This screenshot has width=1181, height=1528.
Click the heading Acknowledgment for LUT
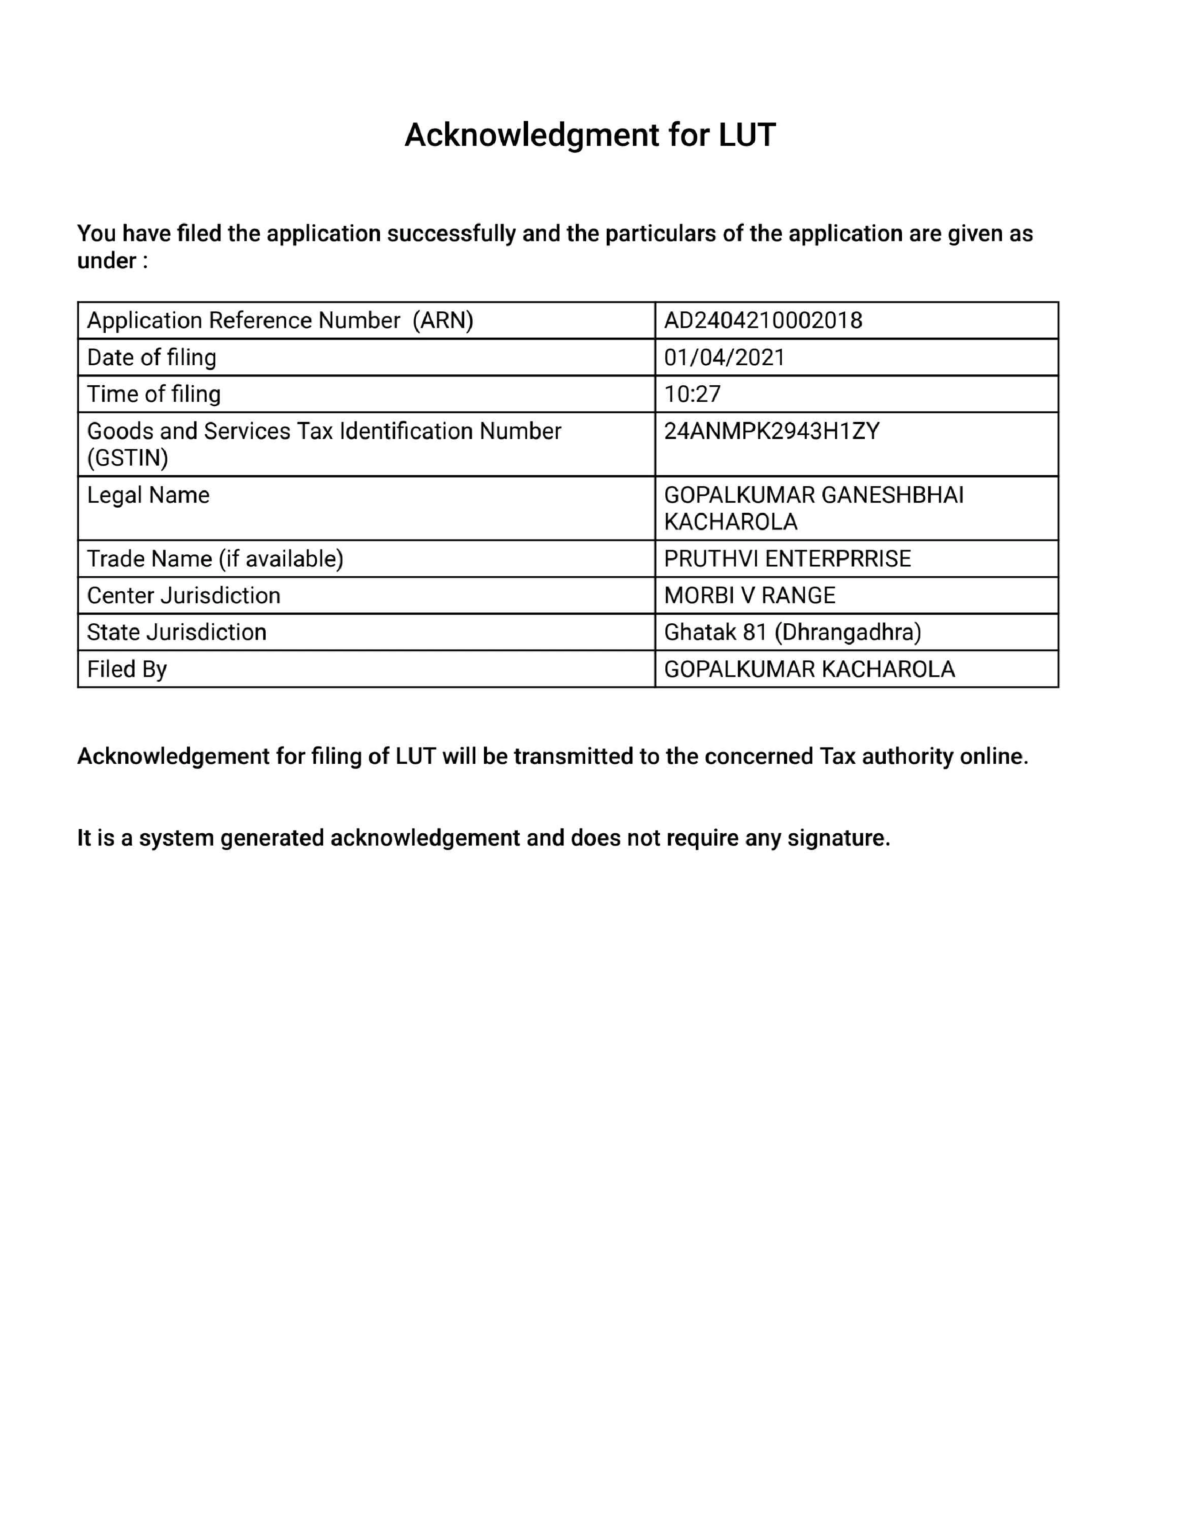[590, 135]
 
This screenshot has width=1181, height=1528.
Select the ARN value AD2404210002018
[762, 320]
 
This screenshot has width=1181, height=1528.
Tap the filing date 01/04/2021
[724, 358]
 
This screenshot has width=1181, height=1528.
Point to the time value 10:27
[692, 394]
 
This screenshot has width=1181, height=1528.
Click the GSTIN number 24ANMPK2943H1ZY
[771, 431]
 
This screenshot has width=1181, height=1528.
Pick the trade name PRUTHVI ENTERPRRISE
[787, 559]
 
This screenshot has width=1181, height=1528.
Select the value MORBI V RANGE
[750, 595]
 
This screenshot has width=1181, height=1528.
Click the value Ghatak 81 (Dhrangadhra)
[792, 632]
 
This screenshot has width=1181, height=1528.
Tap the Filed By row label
[127, 669]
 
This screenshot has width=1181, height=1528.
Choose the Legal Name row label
[148, 495]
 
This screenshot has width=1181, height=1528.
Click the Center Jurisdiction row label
[183, 595]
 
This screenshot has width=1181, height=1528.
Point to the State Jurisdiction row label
[176, 632]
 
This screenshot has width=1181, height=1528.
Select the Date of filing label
[151, 358]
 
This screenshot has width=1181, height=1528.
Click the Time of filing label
[153, 394]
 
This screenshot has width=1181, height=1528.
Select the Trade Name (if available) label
[215, 559]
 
